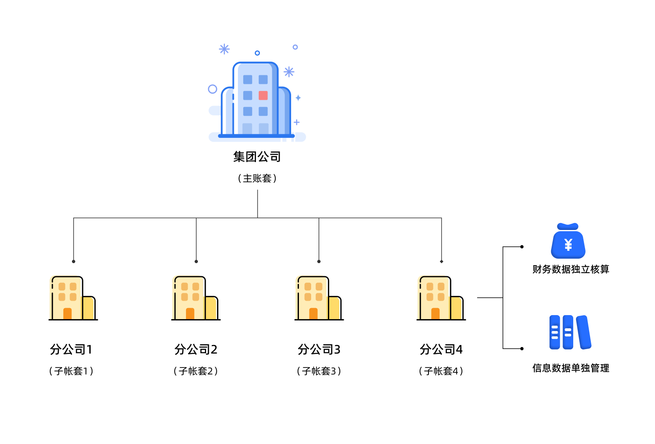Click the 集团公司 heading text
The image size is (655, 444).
pos(257,157)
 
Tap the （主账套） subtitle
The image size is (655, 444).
pos(257,178)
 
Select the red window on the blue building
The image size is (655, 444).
pos(263,95)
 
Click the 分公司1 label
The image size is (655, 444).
pos(71,349)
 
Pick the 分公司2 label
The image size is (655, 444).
pos(196,349)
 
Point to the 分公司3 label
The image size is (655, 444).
pos(319,349)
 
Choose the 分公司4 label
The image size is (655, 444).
pos(441,349)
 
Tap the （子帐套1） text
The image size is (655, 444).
pos(71,371)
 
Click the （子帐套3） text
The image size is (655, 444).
pos(319,371)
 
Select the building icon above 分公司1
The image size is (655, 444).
pos(73,298)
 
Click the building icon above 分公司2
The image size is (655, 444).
pos(195,298)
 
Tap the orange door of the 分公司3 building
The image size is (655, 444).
pos(313,313)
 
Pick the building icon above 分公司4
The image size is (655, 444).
pos(441,298)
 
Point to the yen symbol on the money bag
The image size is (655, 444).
pos(568,245)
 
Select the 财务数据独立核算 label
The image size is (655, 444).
pos(571,269)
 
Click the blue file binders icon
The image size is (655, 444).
pos(570,332)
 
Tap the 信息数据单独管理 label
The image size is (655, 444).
pos(571,368)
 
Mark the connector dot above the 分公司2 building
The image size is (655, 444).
pos(196,261)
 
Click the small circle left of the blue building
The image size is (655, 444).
pos(212,89)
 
